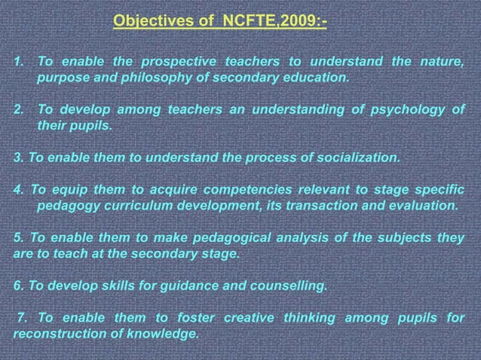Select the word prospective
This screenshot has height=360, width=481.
tap(180, 62)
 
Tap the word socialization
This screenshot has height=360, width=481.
tap(356, 158)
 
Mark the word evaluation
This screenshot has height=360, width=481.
tap(419, 205)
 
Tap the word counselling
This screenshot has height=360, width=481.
tap(286, 286)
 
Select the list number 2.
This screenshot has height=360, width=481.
tap(19, 111)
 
